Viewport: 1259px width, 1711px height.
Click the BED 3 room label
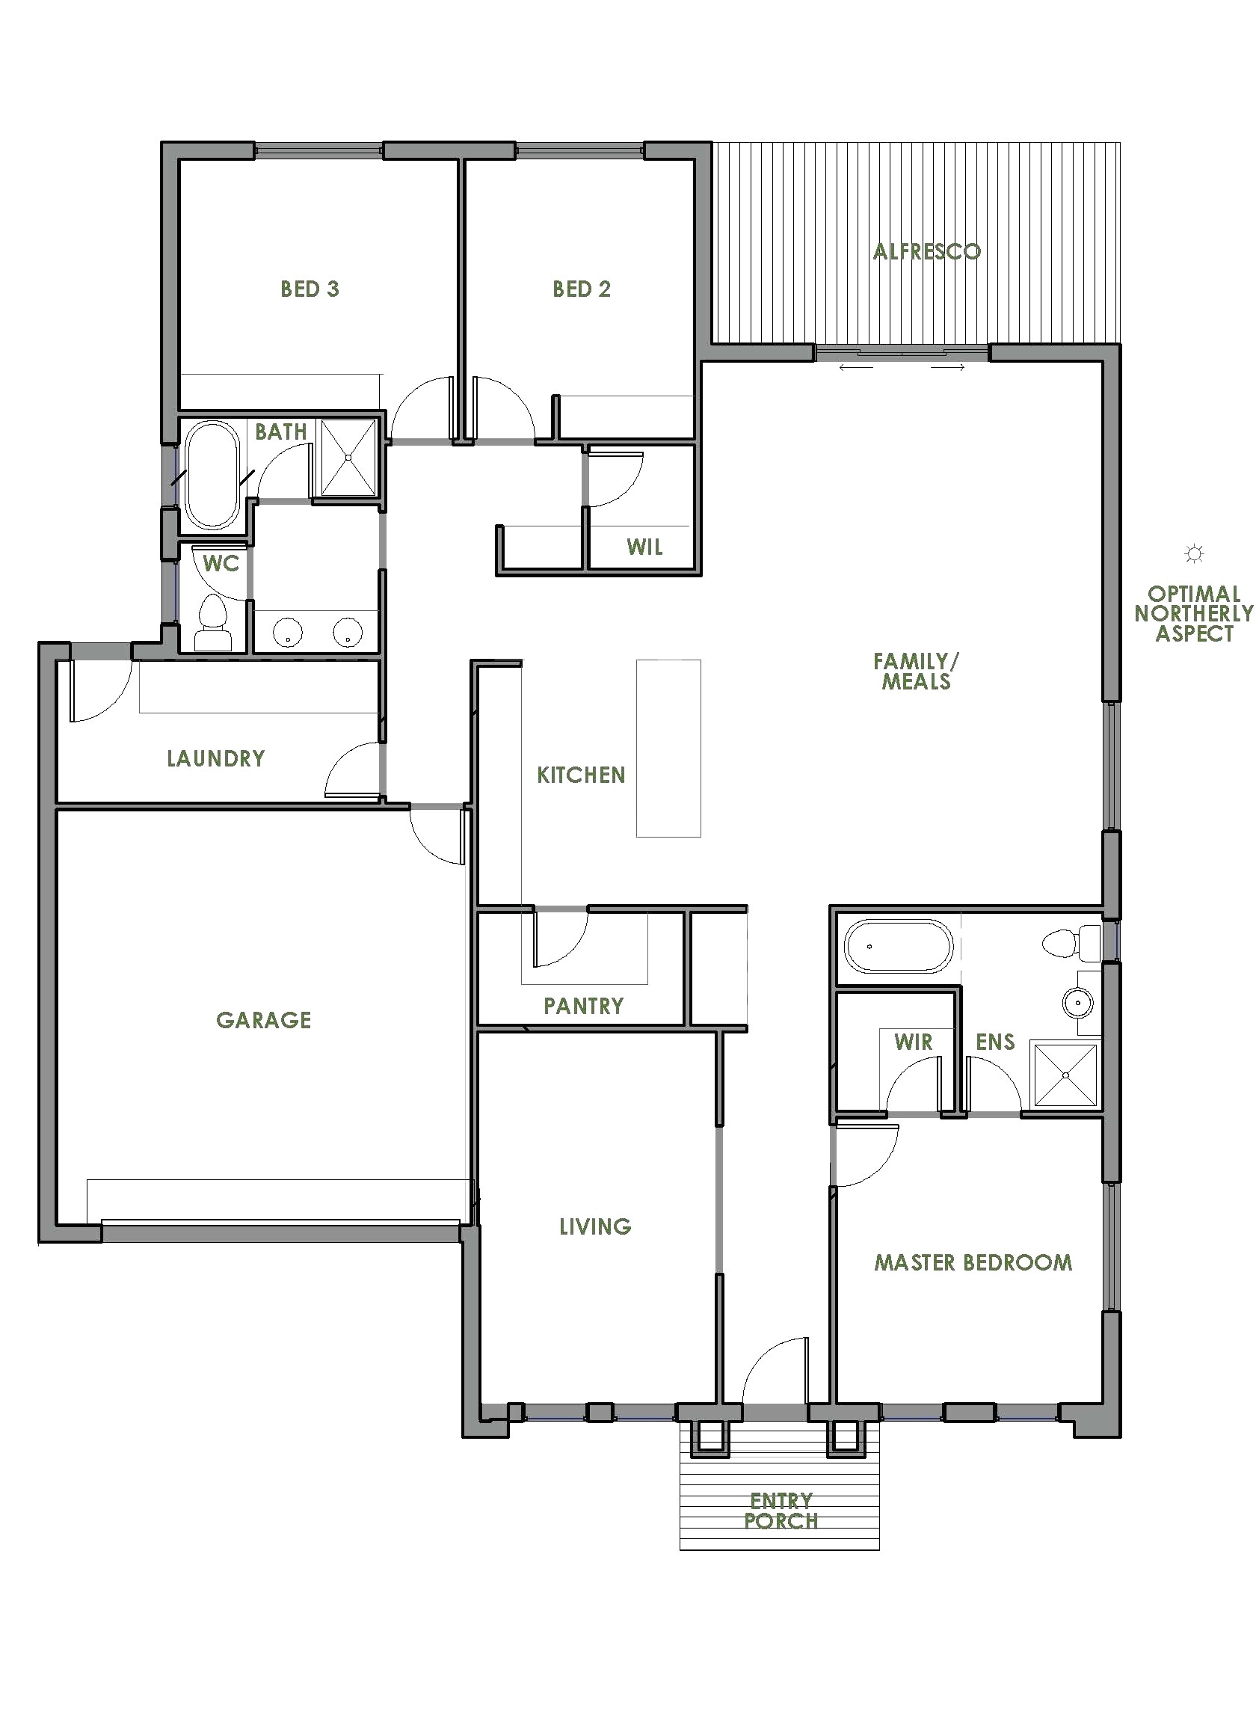pos(310,289)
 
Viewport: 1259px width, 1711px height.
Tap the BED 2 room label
pos(582,289)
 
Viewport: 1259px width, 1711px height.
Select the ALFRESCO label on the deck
pos(926,251)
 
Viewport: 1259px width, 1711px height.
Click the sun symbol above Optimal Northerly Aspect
pos(1194,554)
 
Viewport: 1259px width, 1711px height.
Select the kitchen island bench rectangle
pos(668,748)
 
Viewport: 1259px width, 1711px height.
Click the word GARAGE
pos(264,1020)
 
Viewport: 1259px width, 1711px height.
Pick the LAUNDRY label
pos(215,758)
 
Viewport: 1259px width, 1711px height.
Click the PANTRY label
pos(583,1006)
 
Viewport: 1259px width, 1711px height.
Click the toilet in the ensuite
pos(1070,944)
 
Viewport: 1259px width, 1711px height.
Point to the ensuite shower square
pos(1065,1075)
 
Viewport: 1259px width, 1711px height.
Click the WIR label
pos(913,1042)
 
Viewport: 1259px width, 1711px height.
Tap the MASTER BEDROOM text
pos(973,1263)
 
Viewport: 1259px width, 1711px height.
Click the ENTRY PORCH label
pos(781,1511)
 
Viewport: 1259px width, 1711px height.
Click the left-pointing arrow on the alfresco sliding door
pos(855,368)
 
